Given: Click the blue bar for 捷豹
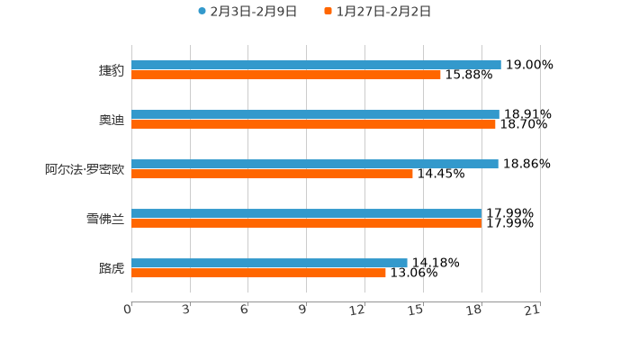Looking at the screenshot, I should tap(316, 65).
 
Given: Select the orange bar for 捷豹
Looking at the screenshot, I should tap(286, 76).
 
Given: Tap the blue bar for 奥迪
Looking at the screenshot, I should tap(315, 114).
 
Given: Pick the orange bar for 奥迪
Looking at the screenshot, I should tap(313, 125).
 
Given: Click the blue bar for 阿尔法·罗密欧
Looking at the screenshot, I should tap(315, 164).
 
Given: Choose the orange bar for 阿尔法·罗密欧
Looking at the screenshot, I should tap(272, 175).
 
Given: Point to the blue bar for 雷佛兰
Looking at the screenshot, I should tap(306, 213).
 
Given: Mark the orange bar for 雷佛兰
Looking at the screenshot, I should tap(306, 224).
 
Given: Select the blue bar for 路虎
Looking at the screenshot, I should tap(269, 263).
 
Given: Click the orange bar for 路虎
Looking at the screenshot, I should tap(258, 274).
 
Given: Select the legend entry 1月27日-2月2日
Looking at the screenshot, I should tap(382, 12).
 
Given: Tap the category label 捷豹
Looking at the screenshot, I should tap(112, 70).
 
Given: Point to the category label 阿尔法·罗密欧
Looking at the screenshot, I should tap(85, 169).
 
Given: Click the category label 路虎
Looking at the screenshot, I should tap(112, 268).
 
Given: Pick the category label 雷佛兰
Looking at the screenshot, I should tap(105, 219).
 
